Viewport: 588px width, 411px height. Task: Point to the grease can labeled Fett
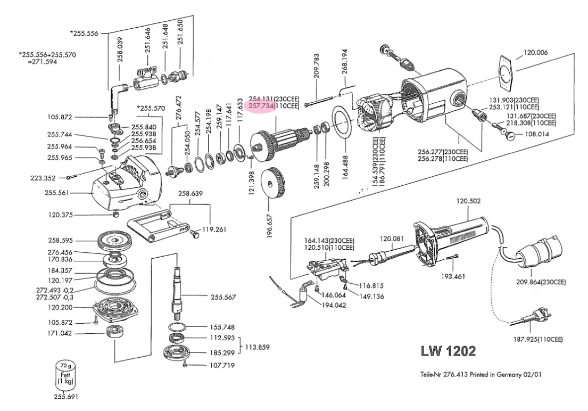pos(67,375)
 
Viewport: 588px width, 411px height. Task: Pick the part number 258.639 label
pos(191,194)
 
